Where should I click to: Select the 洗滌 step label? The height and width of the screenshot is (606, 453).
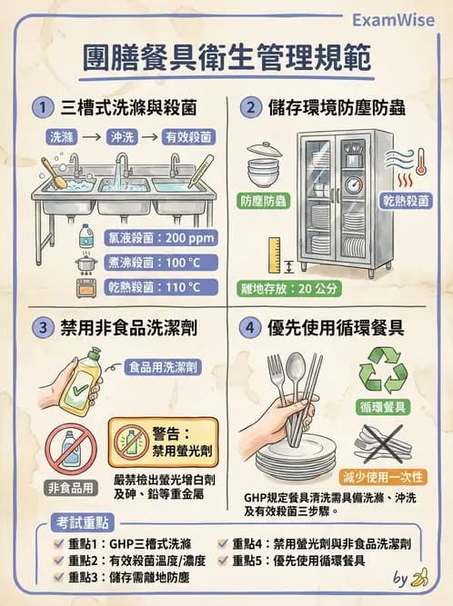[x=58, y=137]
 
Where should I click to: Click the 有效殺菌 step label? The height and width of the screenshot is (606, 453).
[x=187, y=137]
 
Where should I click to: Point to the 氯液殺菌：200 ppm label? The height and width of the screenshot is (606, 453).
[x=160, y=239]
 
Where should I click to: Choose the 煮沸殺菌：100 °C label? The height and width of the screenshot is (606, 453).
[x=161, y=263]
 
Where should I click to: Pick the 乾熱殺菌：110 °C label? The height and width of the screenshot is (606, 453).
[x=161, y=288]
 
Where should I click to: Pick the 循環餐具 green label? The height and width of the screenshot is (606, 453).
[x=383, y=407]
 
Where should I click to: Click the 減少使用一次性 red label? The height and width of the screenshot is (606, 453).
[x=383, y=476]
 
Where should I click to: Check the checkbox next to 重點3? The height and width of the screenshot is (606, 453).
[x=60, y=577]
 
